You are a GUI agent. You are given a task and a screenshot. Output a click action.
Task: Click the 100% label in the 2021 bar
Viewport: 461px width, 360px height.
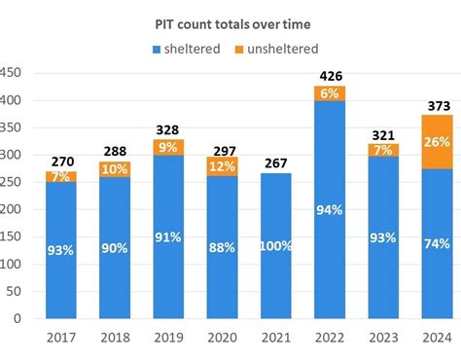pos(277,247)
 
